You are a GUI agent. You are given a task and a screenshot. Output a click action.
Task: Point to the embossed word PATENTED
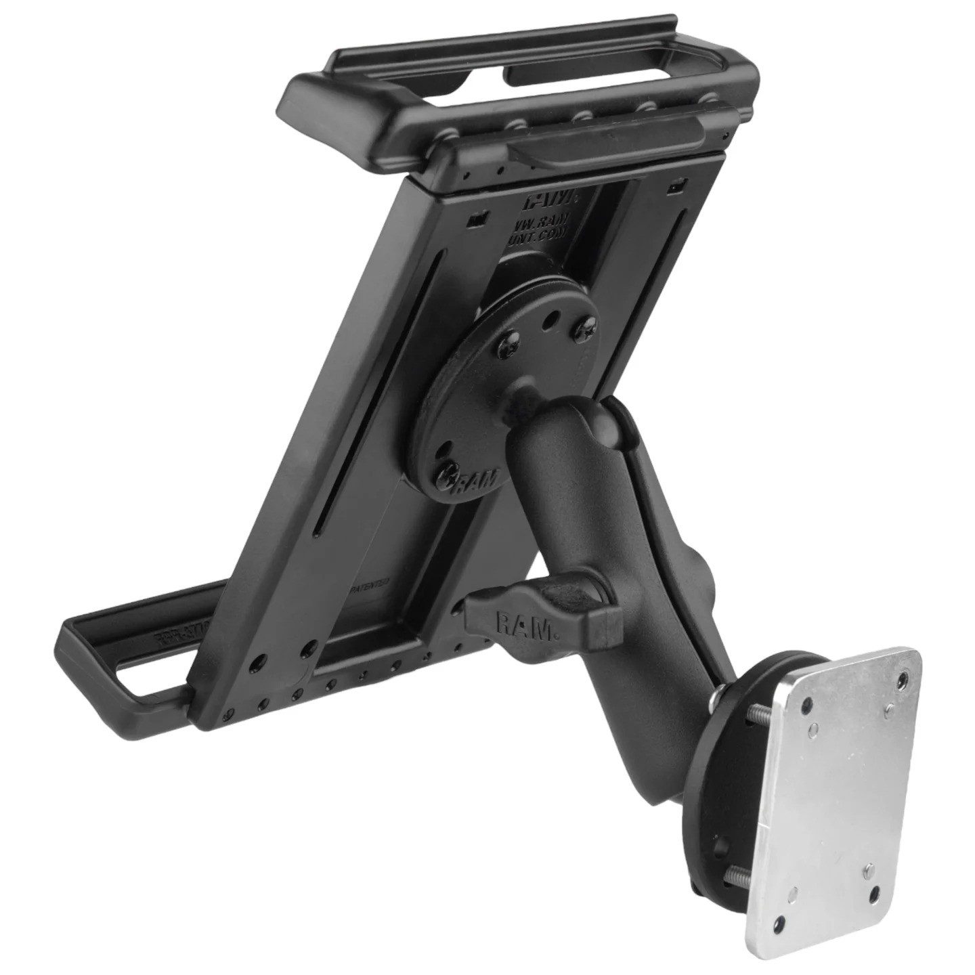click(x=370, y=583)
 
